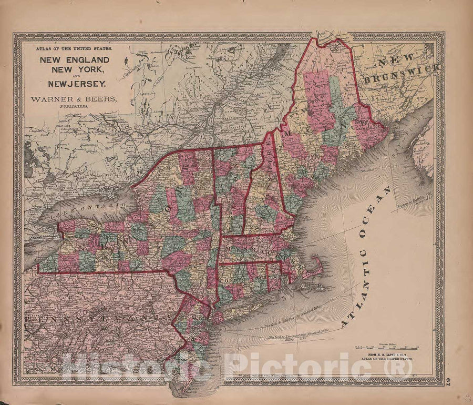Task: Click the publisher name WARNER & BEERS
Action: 74,99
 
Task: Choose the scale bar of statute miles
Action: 387,347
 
